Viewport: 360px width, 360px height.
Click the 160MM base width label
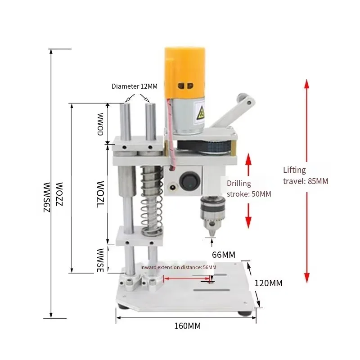click(x=187, y=326)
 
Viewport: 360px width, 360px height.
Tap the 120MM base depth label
click(x=268, y=283)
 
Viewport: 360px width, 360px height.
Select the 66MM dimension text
click(x=224, y=255)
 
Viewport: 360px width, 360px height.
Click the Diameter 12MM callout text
click(x=135, y=86)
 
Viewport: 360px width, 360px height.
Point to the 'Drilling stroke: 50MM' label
click(x=249, y=189)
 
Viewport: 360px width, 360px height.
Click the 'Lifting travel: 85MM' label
click(x=306, y=175)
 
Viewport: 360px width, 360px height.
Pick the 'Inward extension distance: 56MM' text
click(x=178, y=267)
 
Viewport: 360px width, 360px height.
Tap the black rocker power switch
click(x=188, y=181)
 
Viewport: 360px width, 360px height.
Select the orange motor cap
click(x=184, y=72)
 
